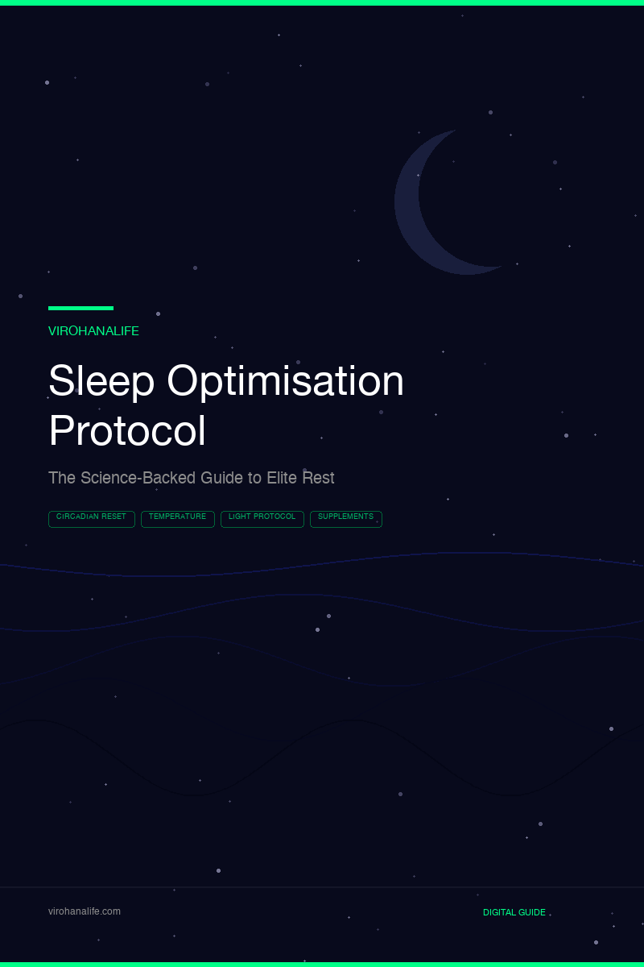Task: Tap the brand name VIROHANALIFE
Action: click(x=93, y=331)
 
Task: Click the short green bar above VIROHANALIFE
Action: click(x=80, y=308)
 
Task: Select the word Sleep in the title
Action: click(x=101, y=381)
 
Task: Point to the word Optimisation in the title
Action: click(x=285, y=381)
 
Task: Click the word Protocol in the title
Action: click(x=127, y=431)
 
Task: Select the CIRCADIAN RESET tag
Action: click(x=92, y=519)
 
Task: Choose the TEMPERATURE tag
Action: click(x=178, y=519)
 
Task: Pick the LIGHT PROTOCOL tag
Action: click(x=262, y=519)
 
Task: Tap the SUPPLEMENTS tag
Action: click(x=346, y=519)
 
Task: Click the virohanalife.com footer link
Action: click(x=85, y=911)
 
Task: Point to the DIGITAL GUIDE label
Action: click(x=514, y=912)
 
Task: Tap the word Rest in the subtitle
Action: click(x=318, y=478)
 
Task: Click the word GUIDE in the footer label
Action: click(x=531, y=912)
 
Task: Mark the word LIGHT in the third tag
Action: click(x=240, y=517)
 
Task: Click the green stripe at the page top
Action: click(x=322, y=2)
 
